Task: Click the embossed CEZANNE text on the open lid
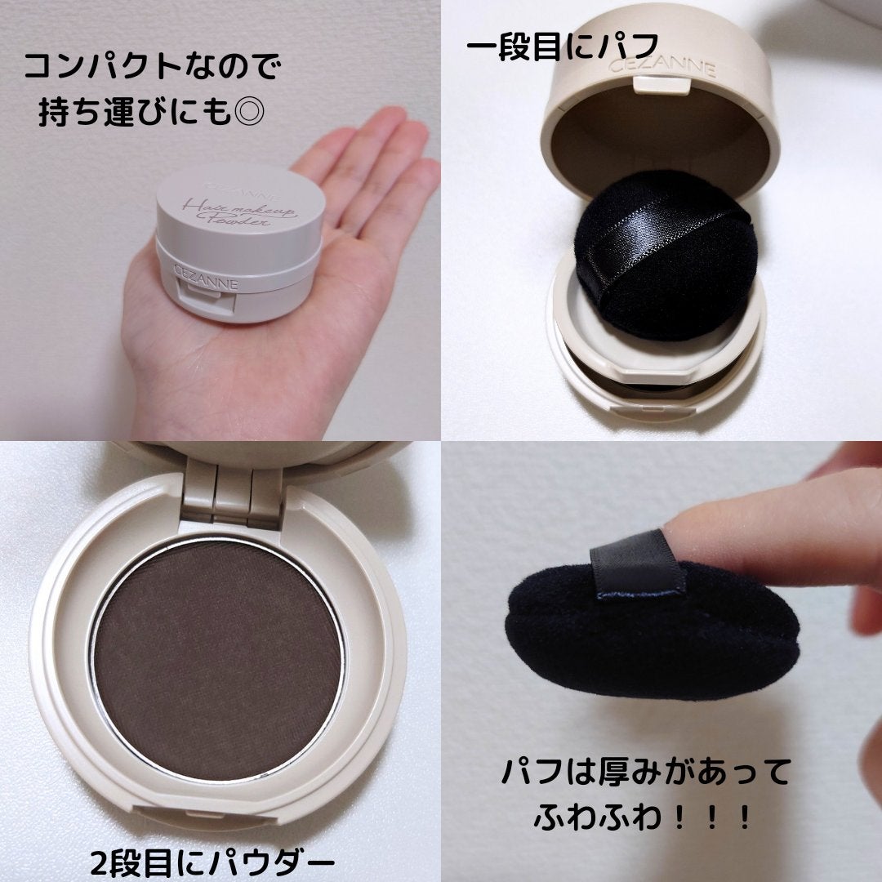click(x=662, y=67)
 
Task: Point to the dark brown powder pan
click(x=217, y=658)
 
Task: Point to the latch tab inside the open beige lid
click(x=662, y=84)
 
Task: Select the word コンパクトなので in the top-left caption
click(x=152, y=67)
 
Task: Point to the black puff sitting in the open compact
click(x=664, y=256)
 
